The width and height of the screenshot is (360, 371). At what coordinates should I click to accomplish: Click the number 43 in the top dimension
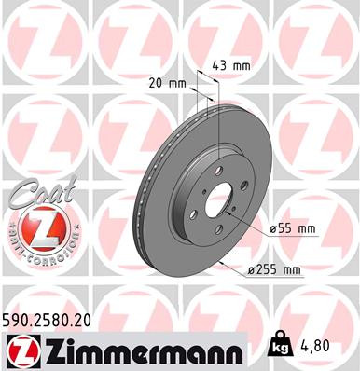coord(221,65)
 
